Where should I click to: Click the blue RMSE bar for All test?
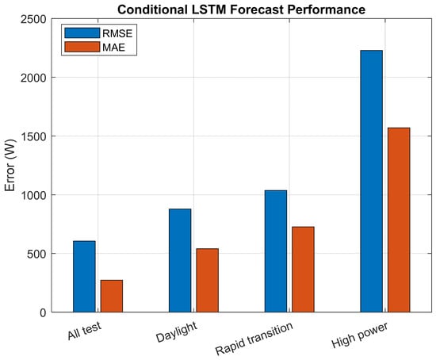84,276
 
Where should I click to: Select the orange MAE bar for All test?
112,296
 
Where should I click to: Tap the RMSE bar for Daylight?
180,260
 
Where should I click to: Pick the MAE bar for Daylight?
208,280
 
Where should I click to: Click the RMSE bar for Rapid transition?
276,251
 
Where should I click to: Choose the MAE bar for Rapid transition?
303,270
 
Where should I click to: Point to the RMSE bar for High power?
372,181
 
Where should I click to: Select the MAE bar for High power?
399,220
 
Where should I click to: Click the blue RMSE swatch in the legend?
82,33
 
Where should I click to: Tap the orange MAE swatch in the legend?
82,47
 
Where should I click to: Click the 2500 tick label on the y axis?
33,20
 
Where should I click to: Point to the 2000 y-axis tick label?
33,78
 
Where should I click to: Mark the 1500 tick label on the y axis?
33,136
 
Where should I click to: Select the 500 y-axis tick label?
36,254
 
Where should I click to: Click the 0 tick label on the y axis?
43,312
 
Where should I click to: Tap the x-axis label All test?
84,331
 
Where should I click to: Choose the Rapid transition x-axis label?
254,339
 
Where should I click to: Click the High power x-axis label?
360,335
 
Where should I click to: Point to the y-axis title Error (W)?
10,165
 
